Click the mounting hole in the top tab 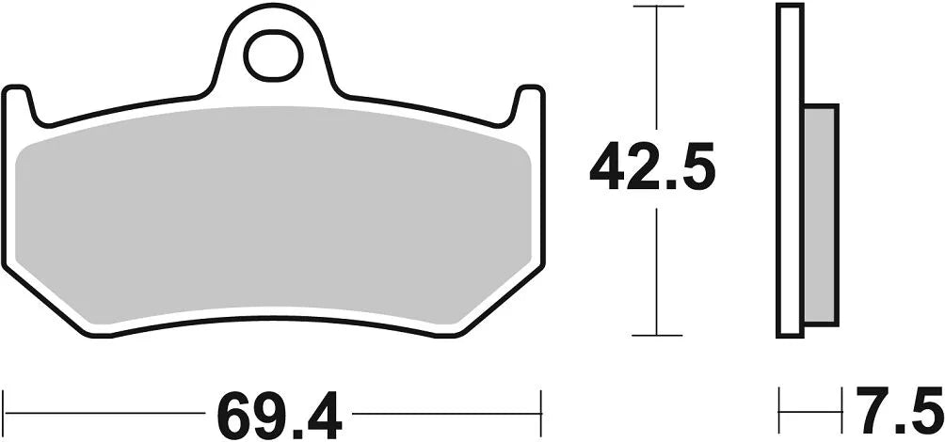pyautogui.click(x=274, y=55)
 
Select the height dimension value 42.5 pyautogui.click(x=653, y=168)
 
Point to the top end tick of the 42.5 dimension pyautogui.click(x=656, y=6)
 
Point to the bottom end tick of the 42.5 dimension pyautogui.click(x=656, y=335)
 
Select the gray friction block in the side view pyautogui.click(x=820, y=214)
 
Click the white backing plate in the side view pyautogui.click(x=790, y=169)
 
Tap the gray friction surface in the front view pyautogui.click(x=273, y=216)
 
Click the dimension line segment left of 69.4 pyautogui.click(x=104, y=412)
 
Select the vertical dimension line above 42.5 pyautogui.click(x=656, y=66)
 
